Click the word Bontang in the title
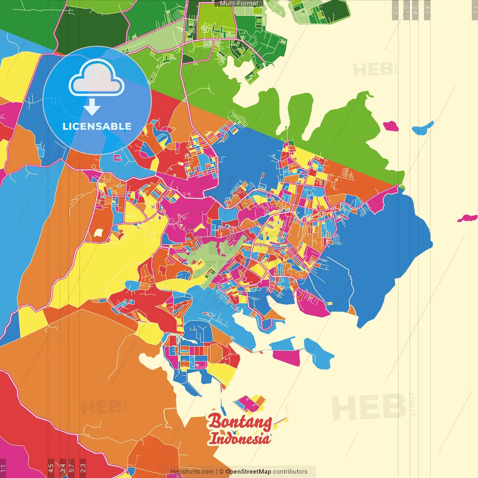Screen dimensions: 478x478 pos(239,422)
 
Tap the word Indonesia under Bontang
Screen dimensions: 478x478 pos(239,438)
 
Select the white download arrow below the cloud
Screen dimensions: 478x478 pos(92,108)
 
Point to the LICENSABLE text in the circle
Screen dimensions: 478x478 pos(97,127)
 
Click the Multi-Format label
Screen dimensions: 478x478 pos(239,3)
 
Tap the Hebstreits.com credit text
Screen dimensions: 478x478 pos(192,472)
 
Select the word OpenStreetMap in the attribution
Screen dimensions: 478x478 pos(248,472)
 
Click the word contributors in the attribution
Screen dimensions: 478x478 pos(290,472)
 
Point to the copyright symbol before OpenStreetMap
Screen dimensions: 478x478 pos(221,472)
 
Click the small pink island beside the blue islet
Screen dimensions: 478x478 pos(391,126)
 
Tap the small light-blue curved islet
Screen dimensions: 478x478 pos(423,128)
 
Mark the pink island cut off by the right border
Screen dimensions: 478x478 pos(468,218)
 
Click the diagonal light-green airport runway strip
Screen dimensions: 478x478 pos(224,261)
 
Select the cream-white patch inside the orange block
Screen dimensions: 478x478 pos(98,233)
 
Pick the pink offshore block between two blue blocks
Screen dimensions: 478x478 pos(286,357)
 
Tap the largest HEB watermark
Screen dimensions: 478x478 pos(369,407)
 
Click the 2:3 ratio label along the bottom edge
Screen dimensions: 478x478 pos(83,468)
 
